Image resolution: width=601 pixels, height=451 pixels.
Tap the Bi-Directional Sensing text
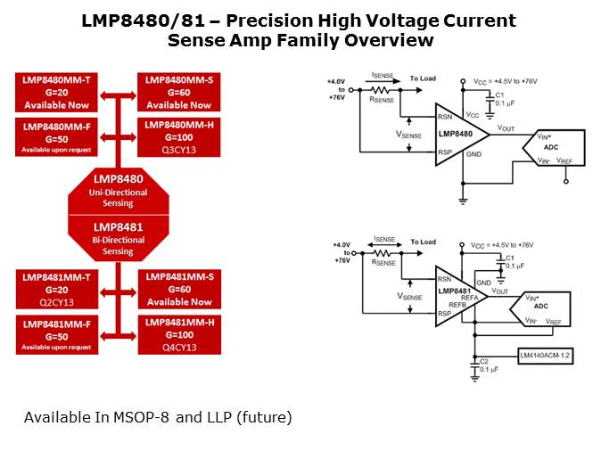[x=119, y=245]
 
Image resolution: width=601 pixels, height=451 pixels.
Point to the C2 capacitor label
[x=484, y=361]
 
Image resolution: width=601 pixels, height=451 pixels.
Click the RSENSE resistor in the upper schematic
[x=382, y=89]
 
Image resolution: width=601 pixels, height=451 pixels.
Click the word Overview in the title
[x=386, y=40]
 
